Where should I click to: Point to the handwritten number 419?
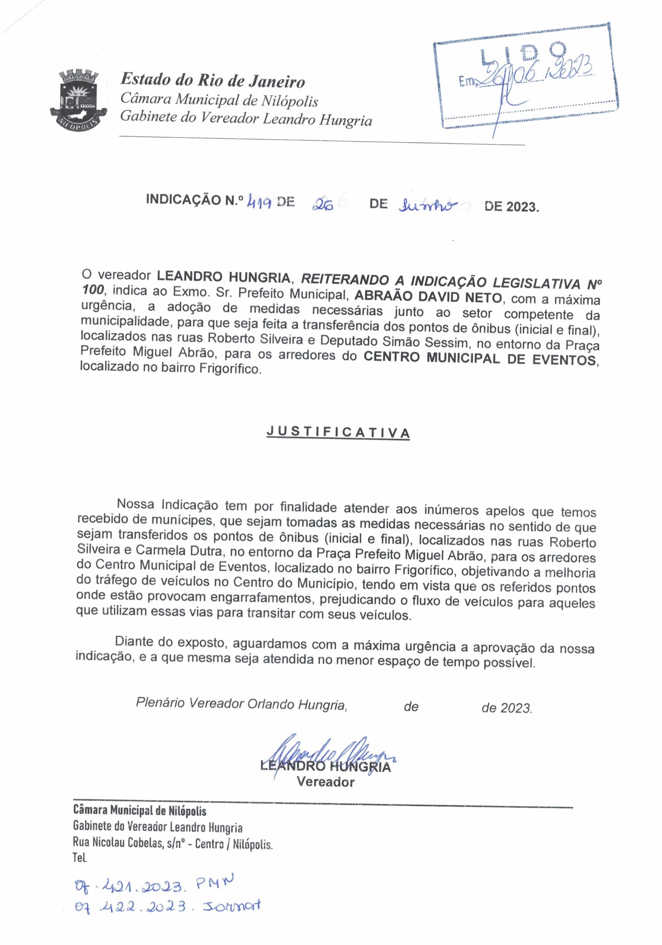click(259, 202)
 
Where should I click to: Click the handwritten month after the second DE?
click(426, 204)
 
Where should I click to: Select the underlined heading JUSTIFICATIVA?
click(338, 433)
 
